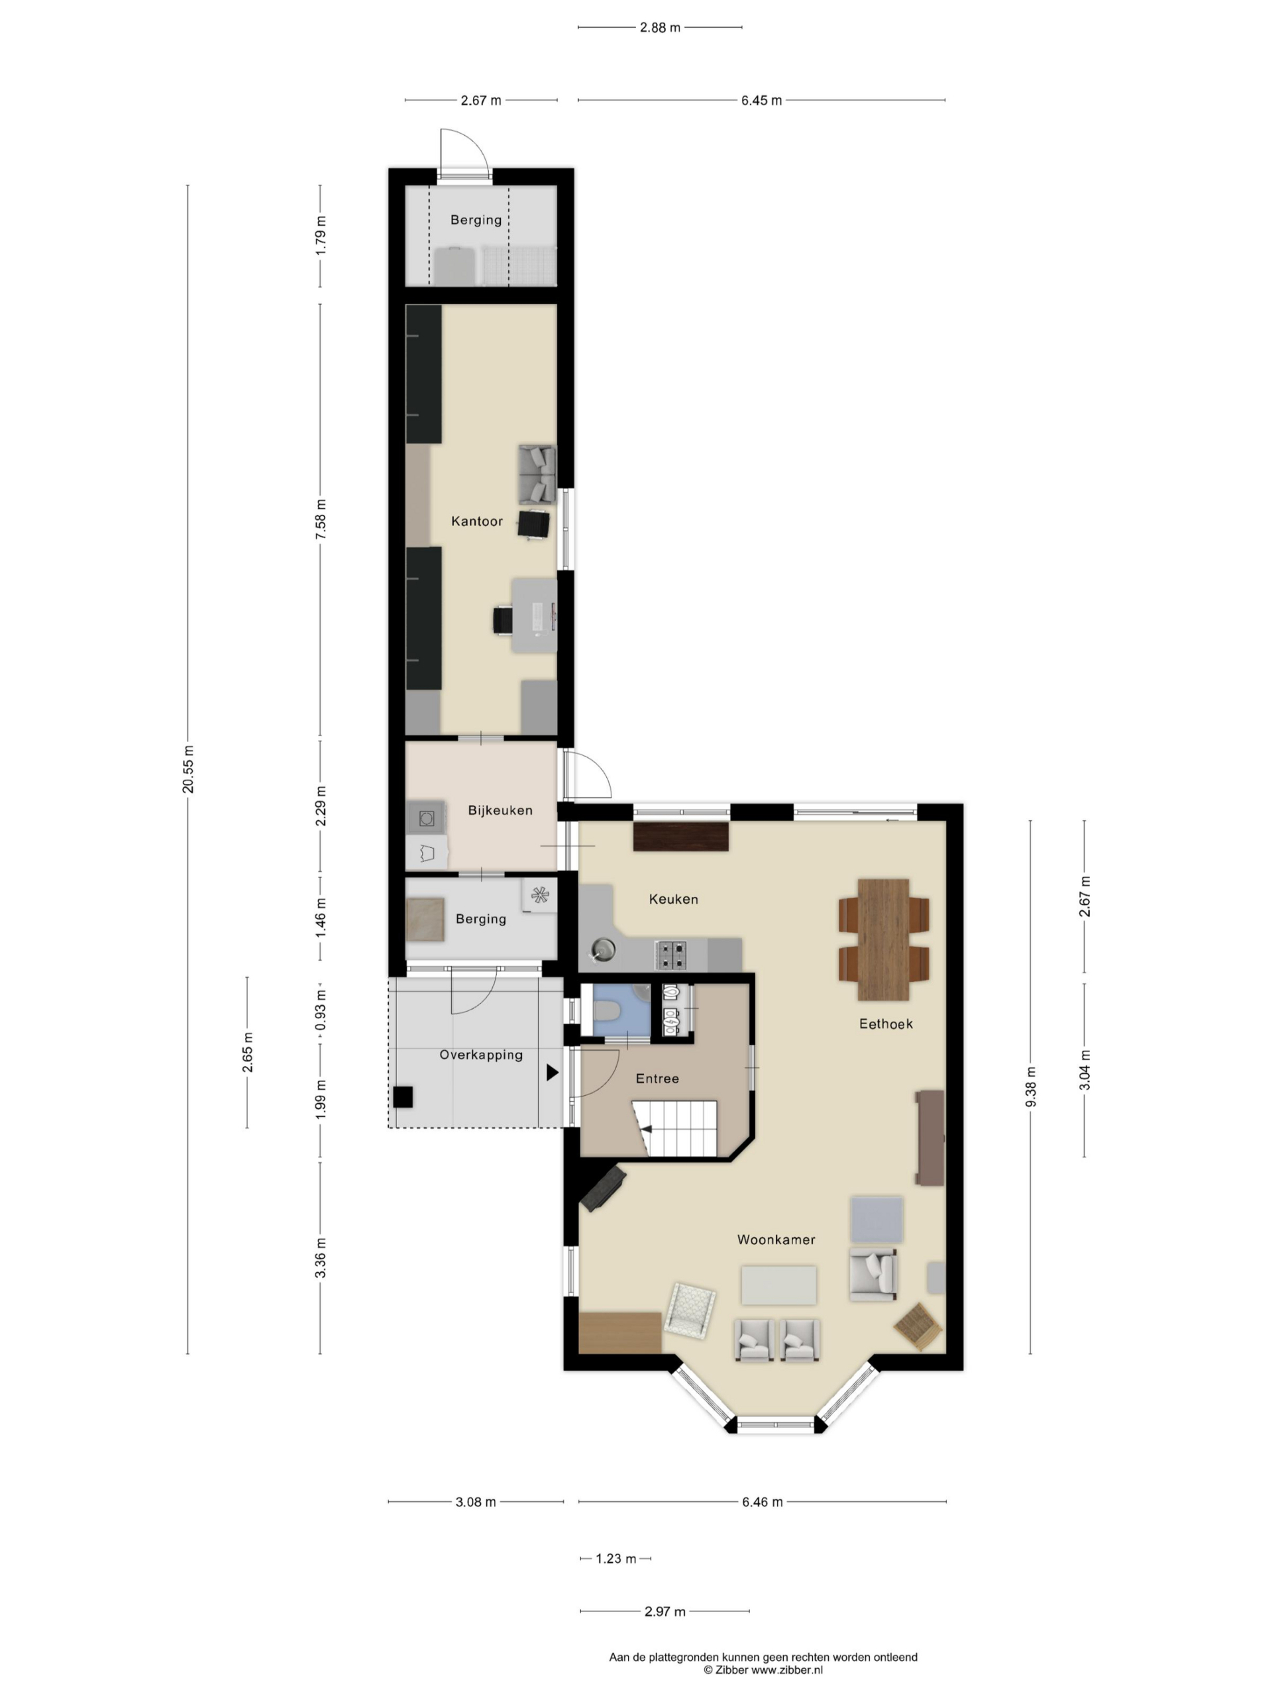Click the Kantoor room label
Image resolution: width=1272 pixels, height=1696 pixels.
pyautogui.click(x=476, y=521)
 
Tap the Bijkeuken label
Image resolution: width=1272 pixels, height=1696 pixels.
pyautogui.click(x=500, y=810)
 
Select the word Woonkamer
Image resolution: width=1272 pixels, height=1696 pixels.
pyautogui.click(x=775, y=1240)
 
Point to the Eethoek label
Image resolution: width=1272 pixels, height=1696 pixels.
pyautogui.click(x=886, y=1024)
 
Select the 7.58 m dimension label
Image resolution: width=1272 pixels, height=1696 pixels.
pyautogui.click(x=321, y=519)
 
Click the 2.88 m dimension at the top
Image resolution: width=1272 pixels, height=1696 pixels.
pyautogui.click(x=659, y=28)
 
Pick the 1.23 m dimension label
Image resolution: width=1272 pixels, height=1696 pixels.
pyautogui.click(x=615, y=1559)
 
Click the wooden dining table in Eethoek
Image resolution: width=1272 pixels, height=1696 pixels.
pyautogui.click(x=883, y=940)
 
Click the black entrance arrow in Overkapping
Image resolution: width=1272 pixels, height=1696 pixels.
pyautogui.click(x=552, y=1073)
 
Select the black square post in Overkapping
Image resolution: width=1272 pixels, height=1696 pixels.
pyautogui.click(x=403, y=1097)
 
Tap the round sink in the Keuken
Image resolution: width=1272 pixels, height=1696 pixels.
pyautogui.click(x=603, y=950)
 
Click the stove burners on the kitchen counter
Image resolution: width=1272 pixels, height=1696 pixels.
pyautogui.click(x=671, y=955)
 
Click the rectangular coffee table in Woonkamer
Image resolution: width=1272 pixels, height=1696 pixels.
pyautogui.click(x=778, y=1285)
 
